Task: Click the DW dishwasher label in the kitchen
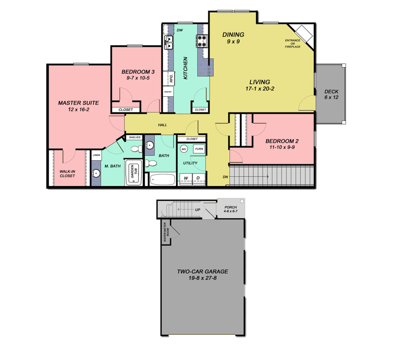180,30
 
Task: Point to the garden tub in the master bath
135,174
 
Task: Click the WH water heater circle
184,149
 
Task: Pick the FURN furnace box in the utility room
199,149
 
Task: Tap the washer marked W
186,178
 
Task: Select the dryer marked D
199,178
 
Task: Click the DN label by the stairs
225,177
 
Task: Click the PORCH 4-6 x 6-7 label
230,209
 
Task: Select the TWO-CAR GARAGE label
203,275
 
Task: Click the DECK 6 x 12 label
331,94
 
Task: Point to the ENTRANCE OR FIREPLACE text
293,44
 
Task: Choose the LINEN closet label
96,155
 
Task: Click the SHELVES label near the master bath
135,137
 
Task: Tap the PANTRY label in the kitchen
168,92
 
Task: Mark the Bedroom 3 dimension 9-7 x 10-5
138,78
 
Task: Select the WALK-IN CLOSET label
67,174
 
